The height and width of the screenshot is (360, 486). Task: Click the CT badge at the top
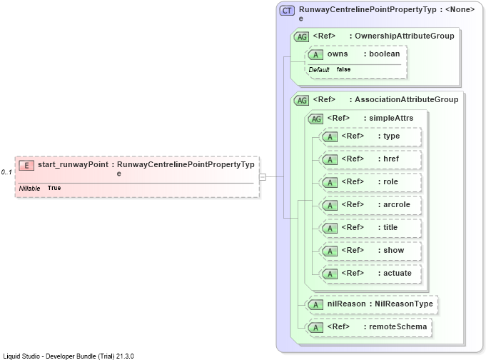click(x=287, y=11)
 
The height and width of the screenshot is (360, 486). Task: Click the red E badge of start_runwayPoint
click(x=26, y=166)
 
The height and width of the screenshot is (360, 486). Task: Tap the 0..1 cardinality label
click(x=6, y=172)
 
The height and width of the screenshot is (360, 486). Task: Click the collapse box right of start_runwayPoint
click(x=263, y=177)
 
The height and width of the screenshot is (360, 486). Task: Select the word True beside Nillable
click(x=54, y=188)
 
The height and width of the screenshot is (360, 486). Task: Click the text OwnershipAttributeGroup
click(x=405, y=36)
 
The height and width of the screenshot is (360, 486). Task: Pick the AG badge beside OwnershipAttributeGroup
click(x=302, y=37)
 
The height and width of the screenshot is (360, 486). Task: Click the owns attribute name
click(x=338, y=54)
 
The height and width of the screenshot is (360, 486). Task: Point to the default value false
click(x=343, y=69)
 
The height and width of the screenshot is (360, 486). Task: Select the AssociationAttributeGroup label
click(x=406, y=99)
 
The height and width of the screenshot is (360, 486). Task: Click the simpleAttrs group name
click(x=391, y=119)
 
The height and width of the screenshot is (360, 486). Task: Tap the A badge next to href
click(x=330, y=160)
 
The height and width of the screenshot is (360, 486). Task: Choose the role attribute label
click(x=390, y=182)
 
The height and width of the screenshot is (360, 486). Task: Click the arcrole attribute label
click(x=397, y=205)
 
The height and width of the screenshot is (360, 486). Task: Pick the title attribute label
click(x=390, y=227)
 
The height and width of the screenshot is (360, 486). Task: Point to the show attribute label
click(x=394, y=251)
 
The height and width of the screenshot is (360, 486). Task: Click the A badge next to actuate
click(x=330, y=274)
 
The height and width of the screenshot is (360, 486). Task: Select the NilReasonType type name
click(x=404, y=304)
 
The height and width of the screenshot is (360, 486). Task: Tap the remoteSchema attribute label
click(x=398, y=327)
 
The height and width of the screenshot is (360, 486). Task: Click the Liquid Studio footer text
click(x=69, y=356)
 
